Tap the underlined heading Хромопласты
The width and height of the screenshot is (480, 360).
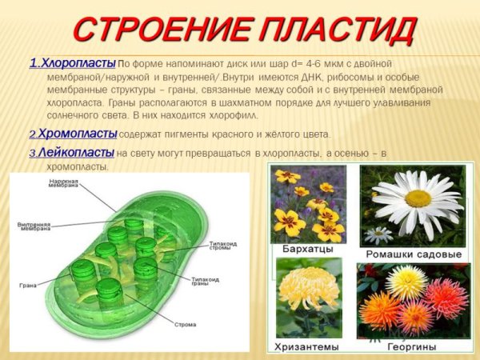tap(78, 133)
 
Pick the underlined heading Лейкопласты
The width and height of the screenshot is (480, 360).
tap(77, 152)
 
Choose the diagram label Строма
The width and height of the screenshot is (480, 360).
tap(185, 325)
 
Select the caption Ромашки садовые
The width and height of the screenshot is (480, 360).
tap(413, 254)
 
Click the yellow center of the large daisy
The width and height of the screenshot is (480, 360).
tap(418, 198)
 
